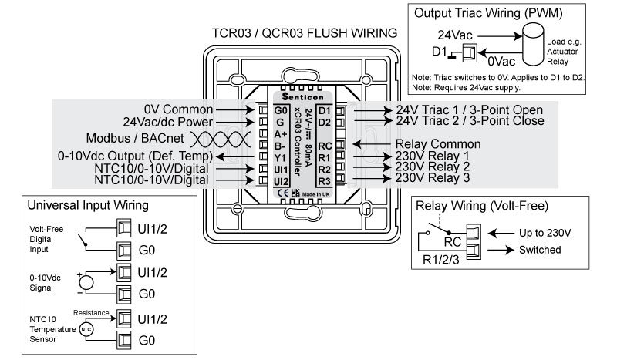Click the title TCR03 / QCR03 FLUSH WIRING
[x=305, y=34]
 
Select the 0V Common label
[x=178, y=109]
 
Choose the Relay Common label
[x=437, y=144]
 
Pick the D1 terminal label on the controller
[x=324, y=110]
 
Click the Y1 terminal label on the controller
[x=279, y=156]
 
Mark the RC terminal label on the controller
[x=325, y=144]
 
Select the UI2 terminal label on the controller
[x=281, y=180]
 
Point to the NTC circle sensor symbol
[x=87, y=328]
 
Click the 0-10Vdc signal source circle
[x=87, y=281]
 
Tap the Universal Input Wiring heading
[x=88, y=207]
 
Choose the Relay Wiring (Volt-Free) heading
[x=482, y=207]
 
